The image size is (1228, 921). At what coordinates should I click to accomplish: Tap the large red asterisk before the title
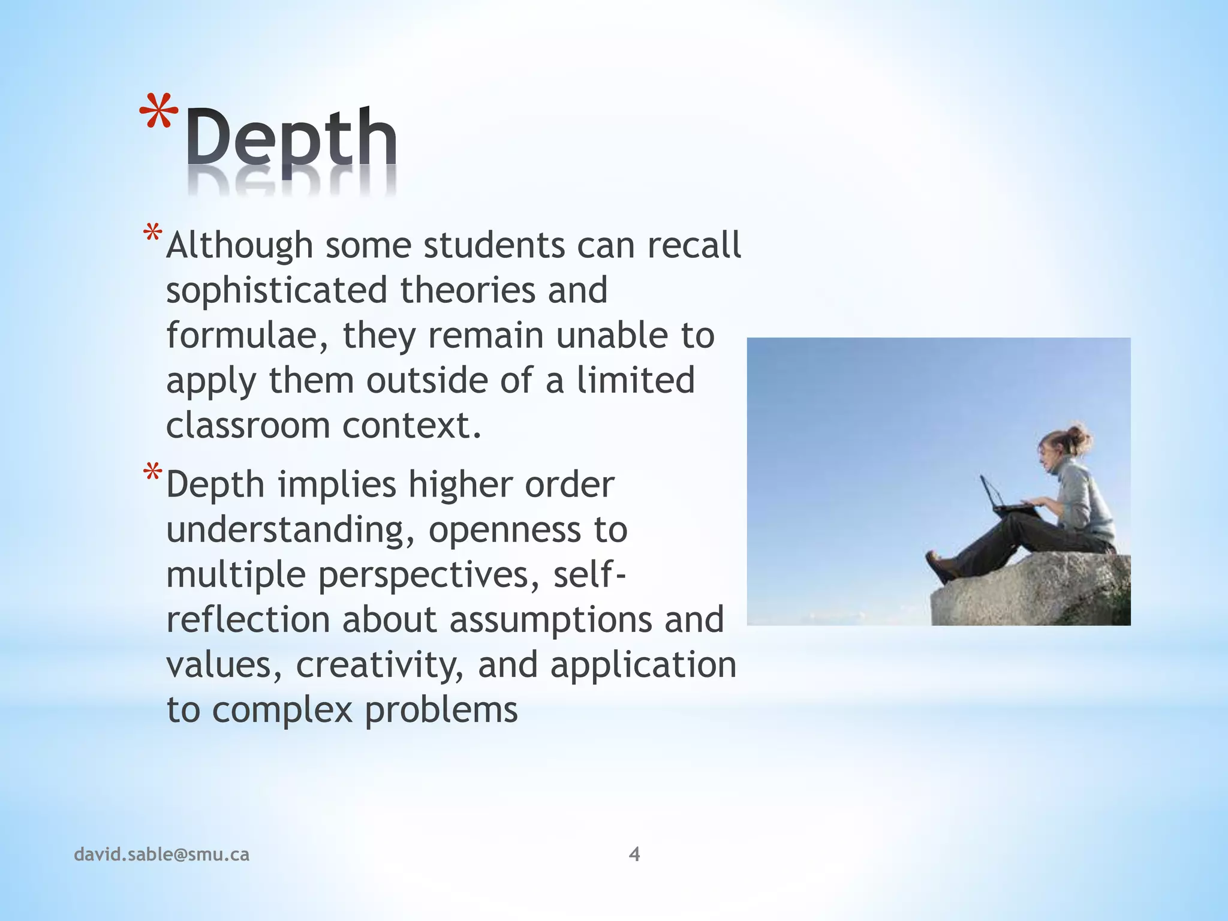pyautogui.click(x=158, y=114)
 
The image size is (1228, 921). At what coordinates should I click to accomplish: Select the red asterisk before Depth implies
pyautogui.click(x=152, y=473)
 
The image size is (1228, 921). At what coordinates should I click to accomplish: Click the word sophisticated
pyautogui.click(x=276, y=290)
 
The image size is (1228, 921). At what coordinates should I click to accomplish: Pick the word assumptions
pyautogui.click(x=550, y=620)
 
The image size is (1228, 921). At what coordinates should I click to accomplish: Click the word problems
pyautogui.click(x=441, y=711)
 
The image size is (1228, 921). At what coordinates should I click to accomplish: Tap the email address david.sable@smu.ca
pyautogui.click(x=161, y=854)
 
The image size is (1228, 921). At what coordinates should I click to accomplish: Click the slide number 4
pyautogui.click(x=634, y=854)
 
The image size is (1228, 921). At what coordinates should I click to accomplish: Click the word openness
pyautogui.click(x=504, y=530)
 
